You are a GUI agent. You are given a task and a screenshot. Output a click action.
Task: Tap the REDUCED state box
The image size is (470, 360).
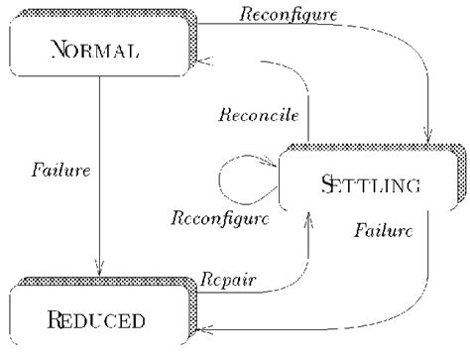95,317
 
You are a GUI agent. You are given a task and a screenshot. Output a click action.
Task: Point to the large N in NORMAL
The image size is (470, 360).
58,49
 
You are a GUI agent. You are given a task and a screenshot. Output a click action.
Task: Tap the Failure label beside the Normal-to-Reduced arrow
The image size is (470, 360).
60,169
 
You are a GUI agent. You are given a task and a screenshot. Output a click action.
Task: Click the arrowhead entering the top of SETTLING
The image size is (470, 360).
429,139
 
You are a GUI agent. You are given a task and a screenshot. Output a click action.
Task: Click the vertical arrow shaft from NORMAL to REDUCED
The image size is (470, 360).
99,169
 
